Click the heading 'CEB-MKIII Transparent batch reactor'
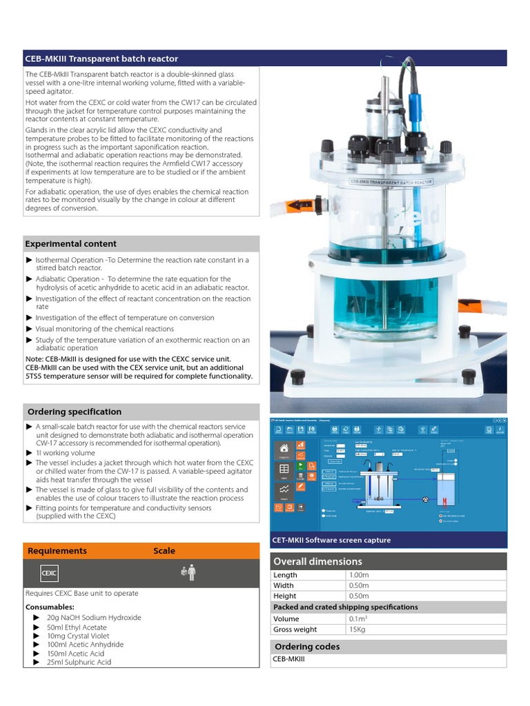[101, 59]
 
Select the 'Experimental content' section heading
[70, 244]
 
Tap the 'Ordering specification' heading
[75, 412]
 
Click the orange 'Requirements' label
[57, 551]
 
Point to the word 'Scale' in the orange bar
[164, 551]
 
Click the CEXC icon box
[49, 573]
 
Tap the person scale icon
[188, 572]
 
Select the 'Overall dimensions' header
[317, 561]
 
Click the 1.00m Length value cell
[360, 575]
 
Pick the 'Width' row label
[284, 585]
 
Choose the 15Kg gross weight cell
[357, 629]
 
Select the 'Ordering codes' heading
[307, 647]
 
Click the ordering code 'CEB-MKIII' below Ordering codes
[289, 660]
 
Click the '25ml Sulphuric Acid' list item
[79, 663]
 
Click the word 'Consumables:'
[50, 607]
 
